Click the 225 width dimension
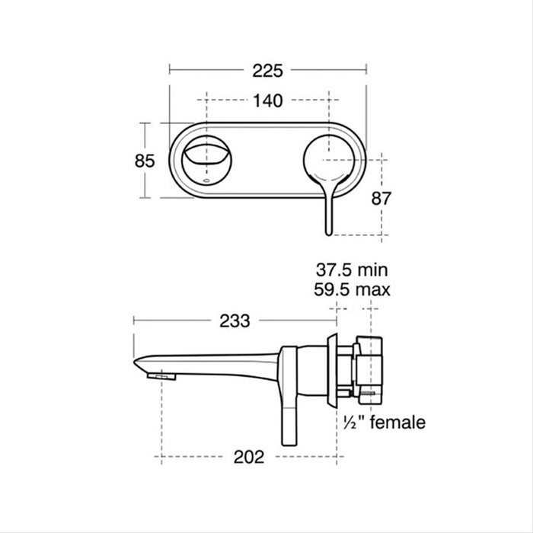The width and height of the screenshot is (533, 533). tap(267, 71)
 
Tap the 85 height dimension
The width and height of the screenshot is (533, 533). tap(145, 161)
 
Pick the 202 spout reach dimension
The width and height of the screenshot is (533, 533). tap(249, 457)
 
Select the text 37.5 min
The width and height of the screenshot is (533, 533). tap(353, 270)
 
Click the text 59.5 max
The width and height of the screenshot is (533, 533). tap(353, 289)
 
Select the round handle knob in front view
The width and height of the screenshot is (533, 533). tap(328, 159)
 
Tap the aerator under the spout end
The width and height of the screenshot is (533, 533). tap(164, 376)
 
